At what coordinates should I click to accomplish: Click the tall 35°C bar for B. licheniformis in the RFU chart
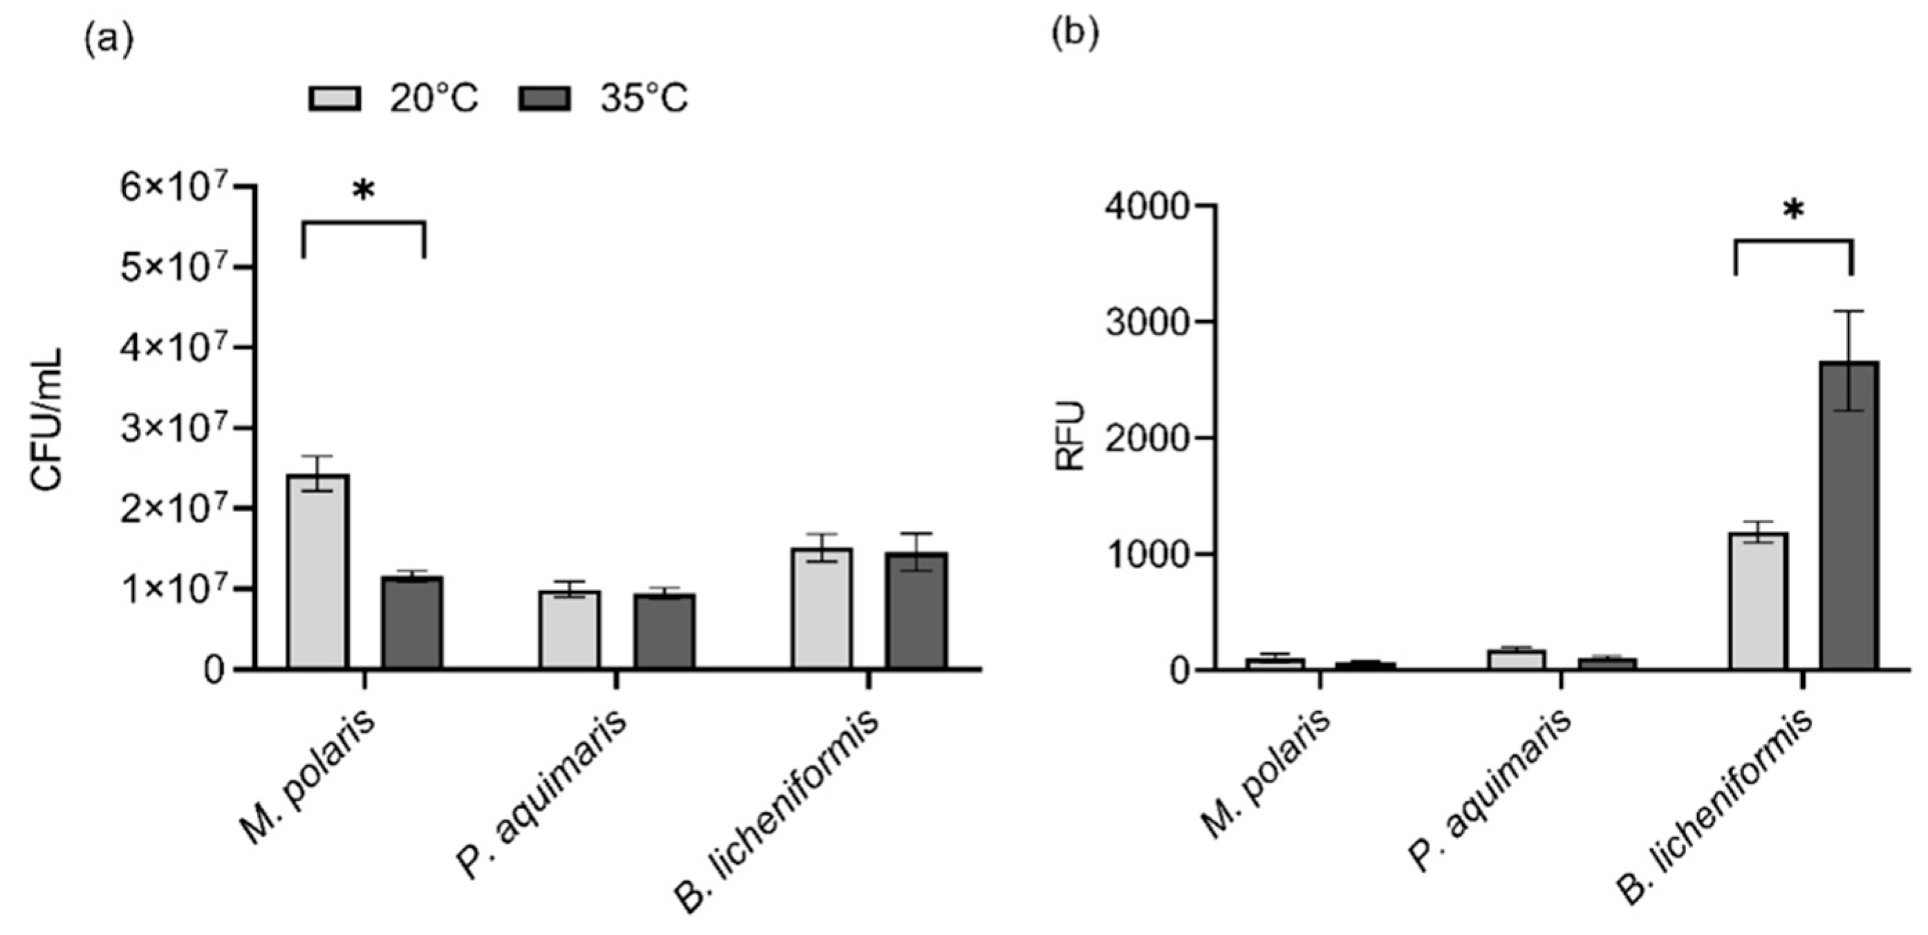(1849, 516)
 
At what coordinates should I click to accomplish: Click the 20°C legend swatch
(335, 99)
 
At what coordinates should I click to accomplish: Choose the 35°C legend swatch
(544, 99)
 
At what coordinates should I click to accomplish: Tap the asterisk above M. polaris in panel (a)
(363, 191)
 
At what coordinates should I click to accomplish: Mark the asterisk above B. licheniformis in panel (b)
(1793, 211)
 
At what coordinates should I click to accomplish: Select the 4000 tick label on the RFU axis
(1146, 207)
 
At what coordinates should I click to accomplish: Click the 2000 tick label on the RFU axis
(1146, 438)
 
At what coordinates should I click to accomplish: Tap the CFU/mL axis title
(46, 419)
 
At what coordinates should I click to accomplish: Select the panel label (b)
(1075, 35)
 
